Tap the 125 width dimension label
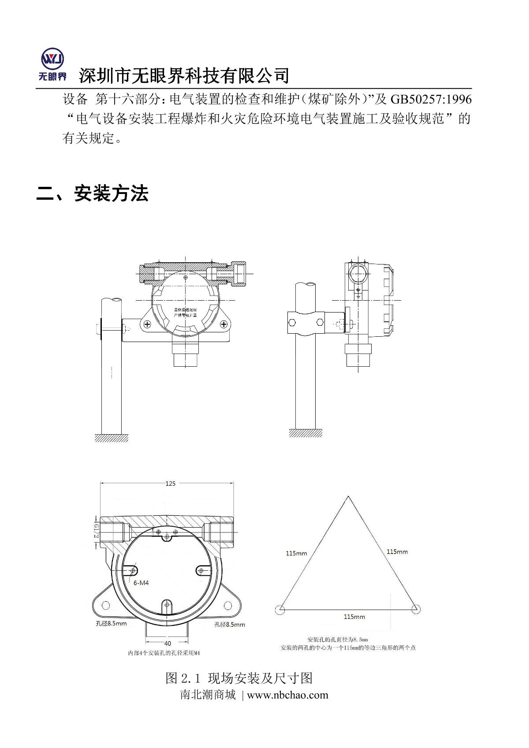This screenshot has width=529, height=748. pyautogui.click(x=170, y=484)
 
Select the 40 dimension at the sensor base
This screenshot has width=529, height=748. pyautogui.click(x=168, y=644)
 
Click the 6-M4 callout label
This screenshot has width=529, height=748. pyautogui.click(x=141, y=583)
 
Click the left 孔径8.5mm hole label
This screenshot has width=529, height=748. pyautogui.click(x=111, y=623)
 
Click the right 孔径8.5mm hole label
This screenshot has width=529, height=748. pyautogui.click(x=230, y=625)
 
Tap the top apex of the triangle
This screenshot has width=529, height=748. pyautogui.click(x=348, y=497)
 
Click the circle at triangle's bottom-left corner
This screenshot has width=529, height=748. pyautogui.click(x=279, y=610)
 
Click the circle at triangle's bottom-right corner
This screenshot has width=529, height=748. pyautogui.click(x=415, y=610)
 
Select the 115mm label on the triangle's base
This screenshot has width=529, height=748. pyautogui.click(x=354, y=617)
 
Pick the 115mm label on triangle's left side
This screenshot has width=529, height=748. pyautogui.click(x=296, y=553)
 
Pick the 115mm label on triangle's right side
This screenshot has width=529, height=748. pyautogui.click(x=397, y=551)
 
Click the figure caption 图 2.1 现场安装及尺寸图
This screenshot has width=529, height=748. pyautogui.click(x=239, y=678)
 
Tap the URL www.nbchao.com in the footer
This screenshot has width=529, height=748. pyautogui.click(x=287, y=695)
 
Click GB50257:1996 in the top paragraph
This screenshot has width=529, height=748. pyautogui.click(x=431, y=99)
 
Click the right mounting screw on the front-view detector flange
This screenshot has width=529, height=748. pyautogui.click(x=224, y=324)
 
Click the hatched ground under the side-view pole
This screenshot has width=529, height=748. pyautogui.click(x=305, y=433)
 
